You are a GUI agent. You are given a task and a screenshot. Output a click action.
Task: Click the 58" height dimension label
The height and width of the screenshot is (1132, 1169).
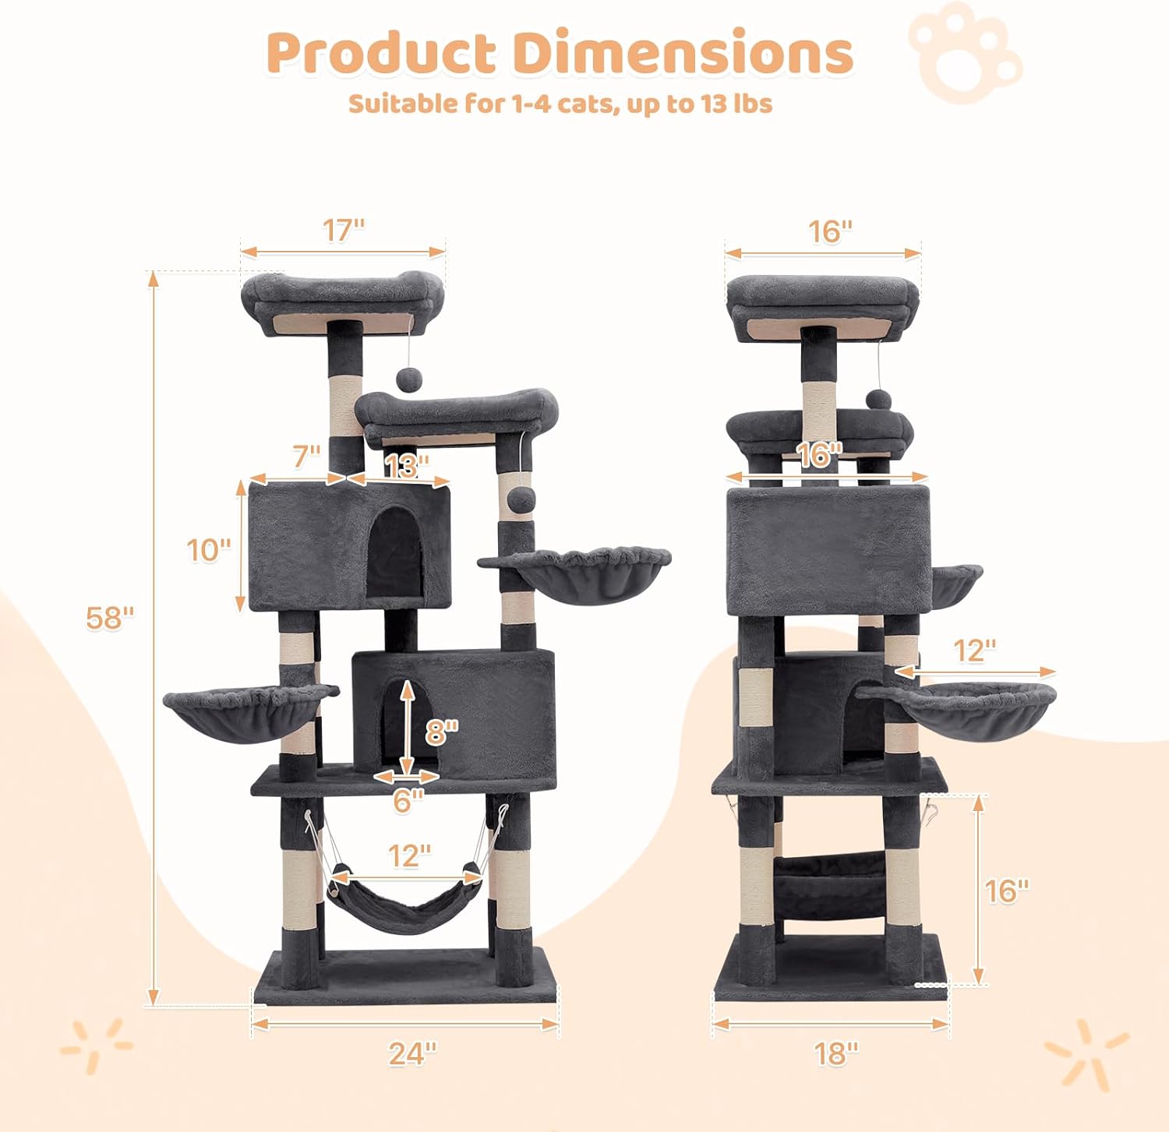click(x=110, y=618)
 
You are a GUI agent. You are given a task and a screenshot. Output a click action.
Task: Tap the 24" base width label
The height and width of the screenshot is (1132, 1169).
click(x=413, y=1053)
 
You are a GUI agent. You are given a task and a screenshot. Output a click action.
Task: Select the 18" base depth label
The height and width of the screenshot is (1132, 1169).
click(x=836, y=1053)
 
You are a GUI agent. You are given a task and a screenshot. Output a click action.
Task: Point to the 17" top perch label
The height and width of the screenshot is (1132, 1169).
click(x=344, y=230)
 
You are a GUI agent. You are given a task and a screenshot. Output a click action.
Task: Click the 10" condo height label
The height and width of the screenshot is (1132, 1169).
click(x=209, y=550)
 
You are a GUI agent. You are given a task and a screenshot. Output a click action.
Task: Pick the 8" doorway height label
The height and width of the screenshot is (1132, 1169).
click(x=442, y=732)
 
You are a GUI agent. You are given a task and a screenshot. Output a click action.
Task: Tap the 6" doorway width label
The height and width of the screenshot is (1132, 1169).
click(x=408, y=800)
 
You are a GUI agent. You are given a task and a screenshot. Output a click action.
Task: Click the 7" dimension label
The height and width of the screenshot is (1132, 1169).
click(x=307, y=457)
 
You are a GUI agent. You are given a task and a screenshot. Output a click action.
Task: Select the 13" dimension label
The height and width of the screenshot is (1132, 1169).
click(x=406, y=466)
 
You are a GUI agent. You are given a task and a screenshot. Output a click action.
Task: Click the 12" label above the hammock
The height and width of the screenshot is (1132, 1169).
click(x=410, y=855)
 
